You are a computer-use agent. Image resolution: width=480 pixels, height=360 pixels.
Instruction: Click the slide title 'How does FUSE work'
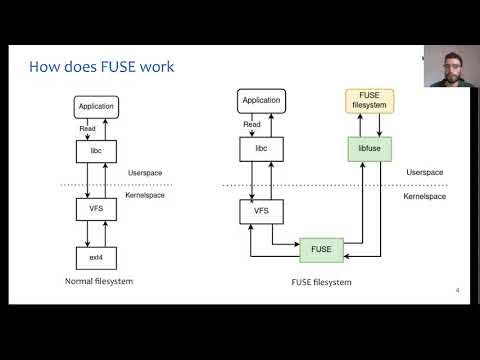click(x=102, y=68)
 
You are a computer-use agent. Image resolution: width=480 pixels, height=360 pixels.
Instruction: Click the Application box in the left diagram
click(x=96, y=106)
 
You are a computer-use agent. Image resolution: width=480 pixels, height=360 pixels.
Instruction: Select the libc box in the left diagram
click(x=96, y=151)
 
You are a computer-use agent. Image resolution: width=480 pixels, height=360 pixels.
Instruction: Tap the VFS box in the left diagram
click(x=96, y=209)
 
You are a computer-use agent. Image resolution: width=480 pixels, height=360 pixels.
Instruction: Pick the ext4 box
click(x=96, y=257)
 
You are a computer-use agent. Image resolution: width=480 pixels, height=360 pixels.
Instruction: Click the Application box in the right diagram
click(x=261, y=100)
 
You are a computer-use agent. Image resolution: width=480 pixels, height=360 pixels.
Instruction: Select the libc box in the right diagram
click(x=261, y=149)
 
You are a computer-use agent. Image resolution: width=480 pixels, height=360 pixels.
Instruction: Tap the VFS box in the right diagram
click(x=261, y=211)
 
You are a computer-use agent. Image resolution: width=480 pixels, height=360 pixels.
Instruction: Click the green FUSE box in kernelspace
click(x=322, y=247)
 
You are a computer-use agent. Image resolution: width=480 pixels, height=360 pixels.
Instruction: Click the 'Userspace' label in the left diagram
click(x=145, y=173)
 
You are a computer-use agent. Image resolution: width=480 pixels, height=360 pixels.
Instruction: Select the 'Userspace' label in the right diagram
click(x=423, y=173)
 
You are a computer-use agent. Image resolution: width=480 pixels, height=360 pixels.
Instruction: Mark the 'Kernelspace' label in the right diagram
click(x=425, y=196)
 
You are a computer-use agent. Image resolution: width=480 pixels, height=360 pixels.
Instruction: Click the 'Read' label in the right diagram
click(x=252, y=124)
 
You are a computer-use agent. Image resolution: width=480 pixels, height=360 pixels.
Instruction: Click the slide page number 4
click(x=457, y=291)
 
